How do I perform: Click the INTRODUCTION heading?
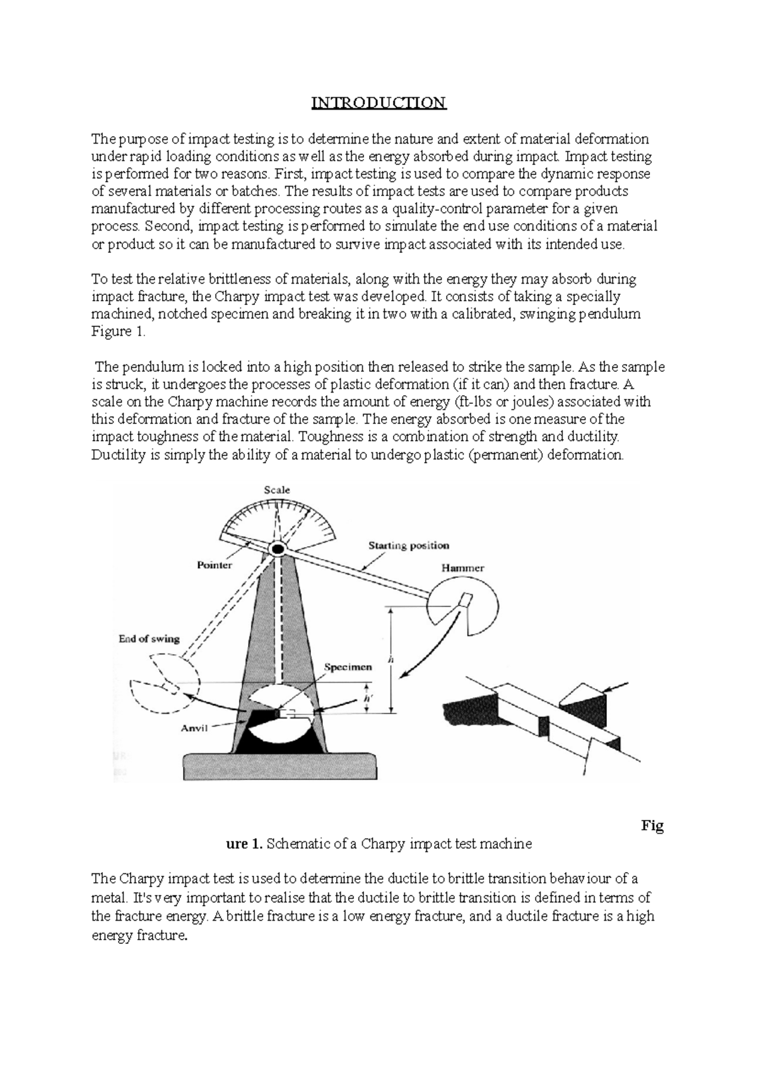point(378,103)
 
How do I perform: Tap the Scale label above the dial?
point(276,490)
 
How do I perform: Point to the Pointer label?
point(214,565)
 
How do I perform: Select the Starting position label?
point(409,546)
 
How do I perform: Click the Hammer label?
point(462,568)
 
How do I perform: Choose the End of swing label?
point(149,638)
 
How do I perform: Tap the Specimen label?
point(348,667)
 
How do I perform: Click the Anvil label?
point(194,728)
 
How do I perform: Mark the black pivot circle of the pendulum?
point(276,549)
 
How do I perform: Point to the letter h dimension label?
point(391,659)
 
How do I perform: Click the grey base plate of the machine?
point(280,766)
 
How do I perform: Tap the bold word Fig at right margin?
point(652,826)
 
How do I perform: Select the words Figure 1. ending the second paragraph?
point(119,332)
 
